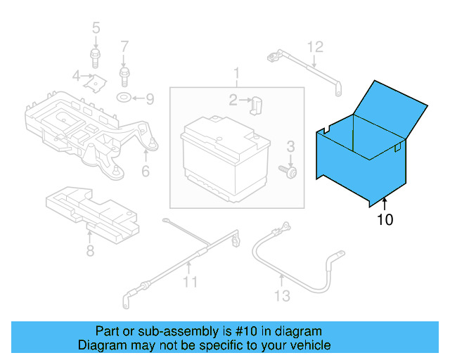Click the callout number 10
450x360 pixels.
(385, 220)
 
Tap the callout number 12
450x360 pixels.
(315, 47)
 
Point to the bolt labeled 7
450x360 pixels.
(125, 72)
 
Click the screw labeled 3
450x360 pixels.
(289, 170)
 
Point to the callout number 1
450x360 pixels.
(237, 73)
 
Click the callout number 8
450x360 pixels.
(90, 250)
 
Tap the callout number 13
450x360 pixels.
(282, 296)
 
